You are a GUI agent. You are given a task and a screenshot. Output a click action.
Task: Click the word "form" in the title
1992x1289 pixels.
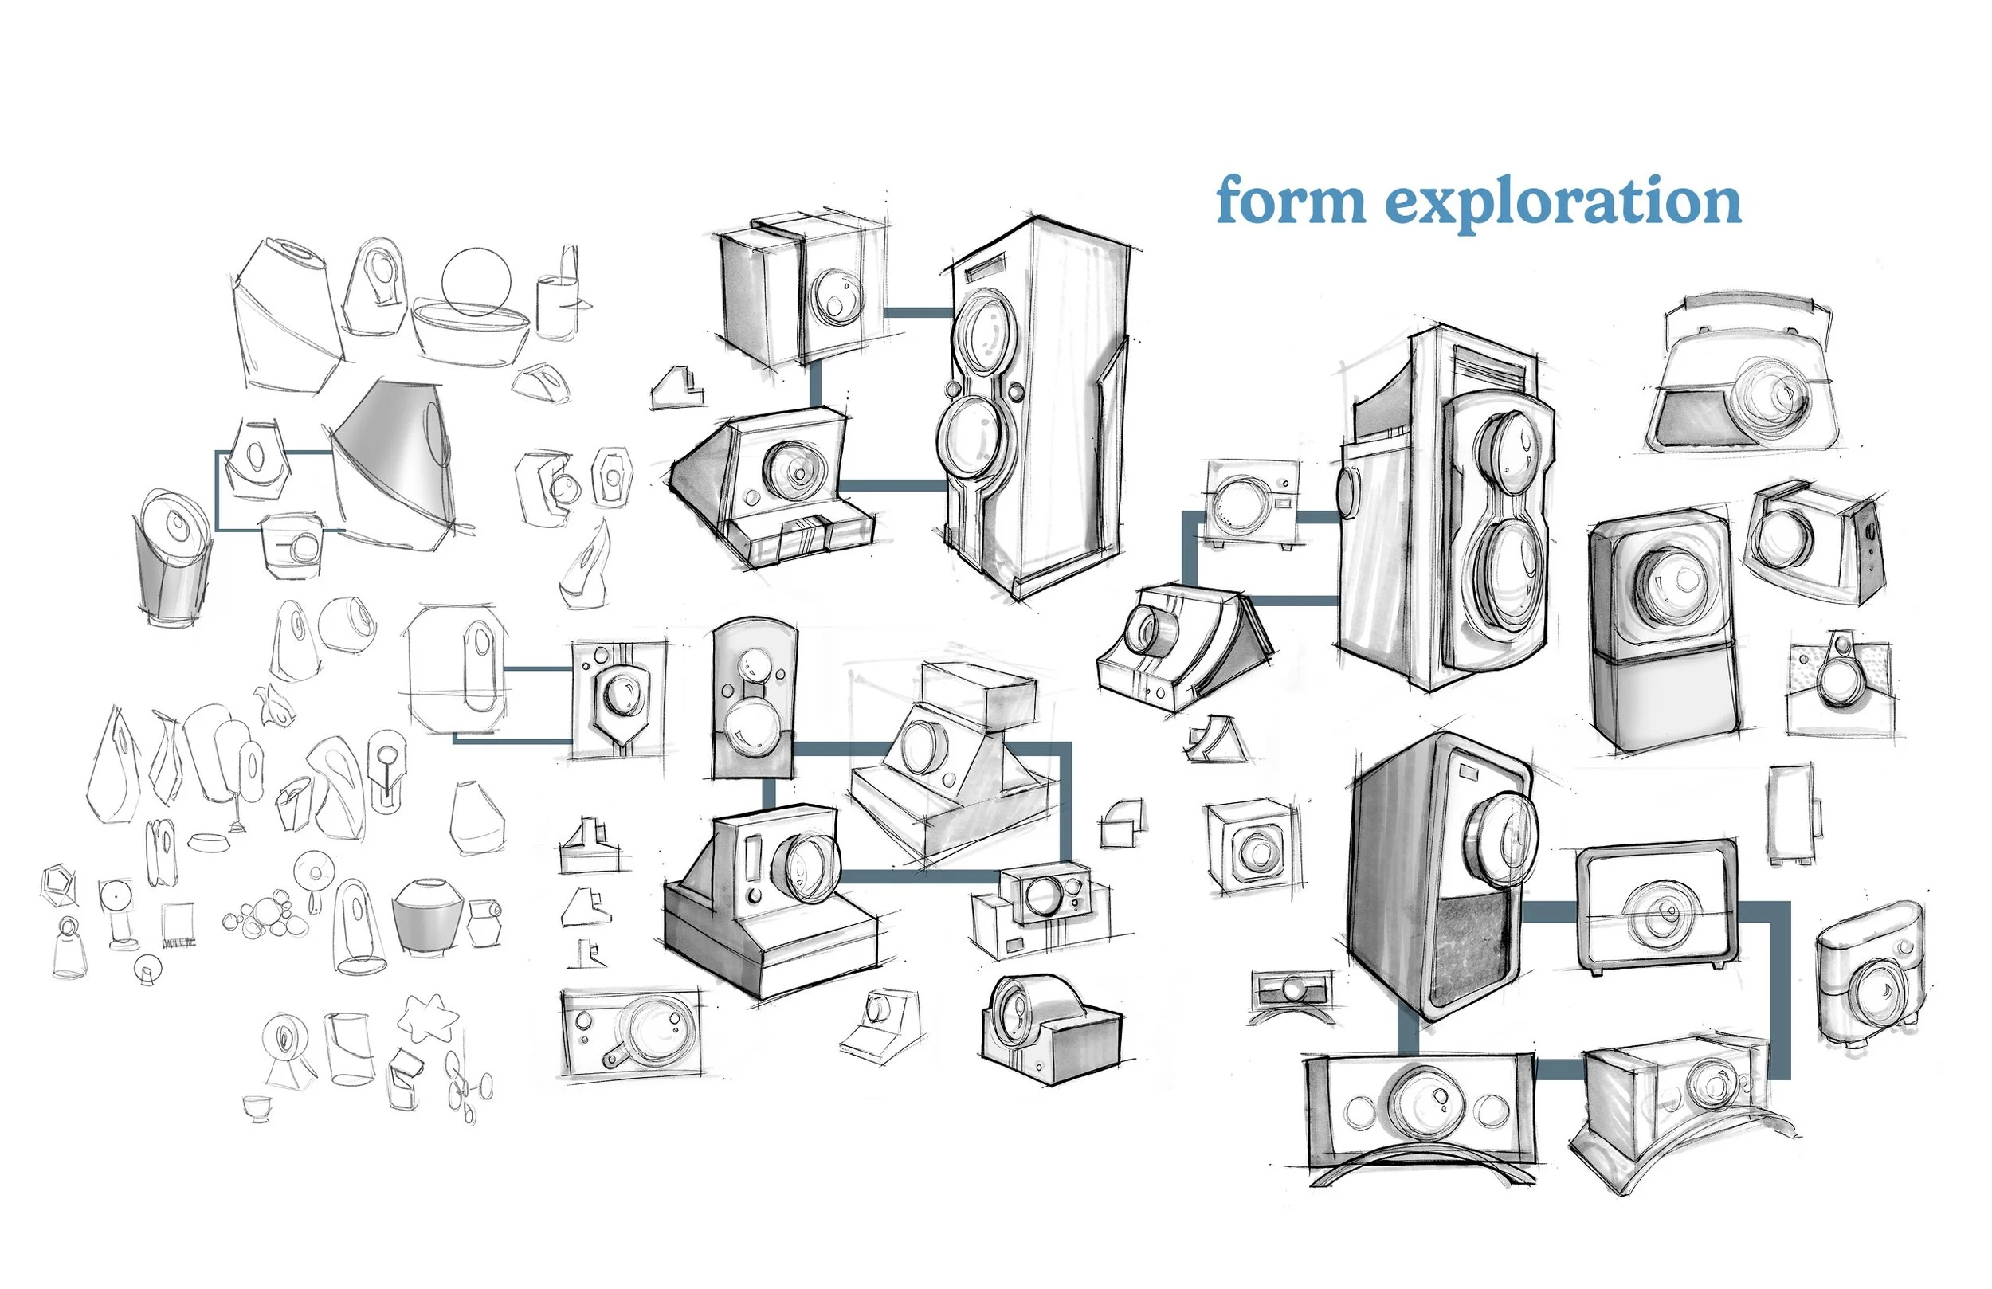1291,201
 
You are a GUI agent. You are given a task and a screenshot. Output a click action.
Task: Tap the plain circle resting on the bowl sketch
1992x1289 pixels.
476,281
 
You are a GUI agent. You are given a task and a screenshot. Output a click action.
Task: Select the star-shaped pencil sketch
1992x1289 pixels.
428,1018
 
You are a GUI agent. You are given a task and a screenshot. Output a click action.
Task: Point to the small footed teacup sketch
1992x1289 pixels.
258,1107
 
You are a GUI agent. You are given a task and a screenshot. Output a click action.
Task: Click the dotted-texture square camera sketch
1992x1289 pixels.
1842,689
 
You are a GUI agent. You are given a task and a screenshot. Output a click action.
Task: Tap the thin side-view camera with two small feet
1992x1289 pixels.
1792,812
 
